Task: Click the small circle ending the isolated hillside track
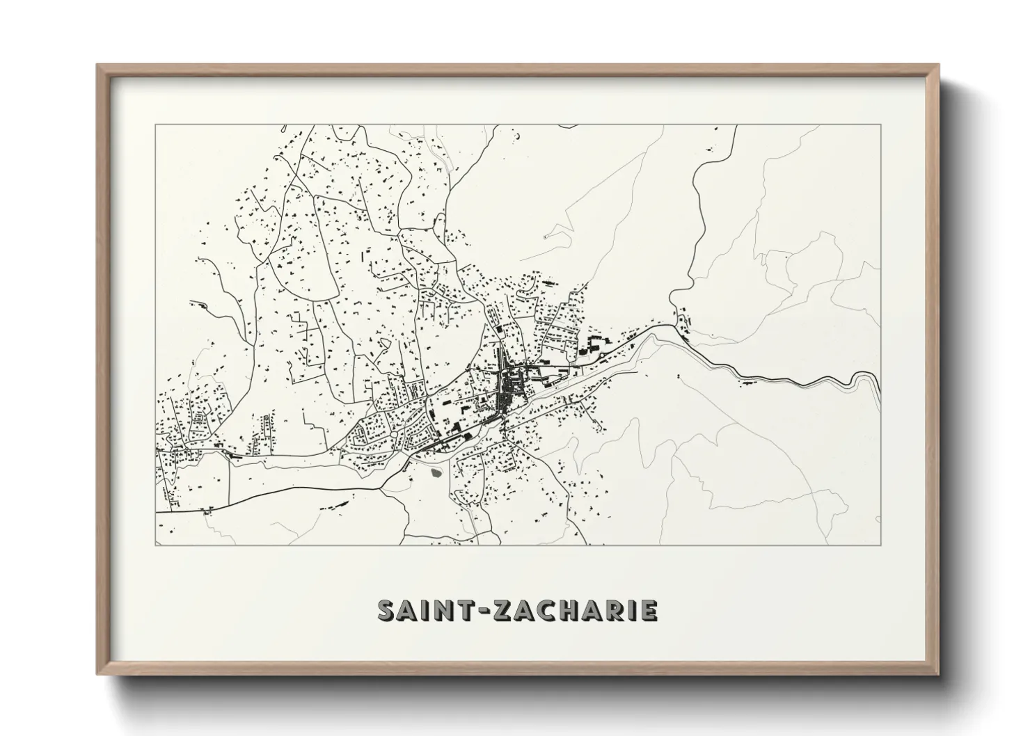[544, 237]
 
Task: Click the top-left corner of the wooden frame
[98, 65]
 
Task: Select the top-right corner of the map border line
[881, 125]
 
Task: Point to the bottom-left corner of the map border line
[155, 545]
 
